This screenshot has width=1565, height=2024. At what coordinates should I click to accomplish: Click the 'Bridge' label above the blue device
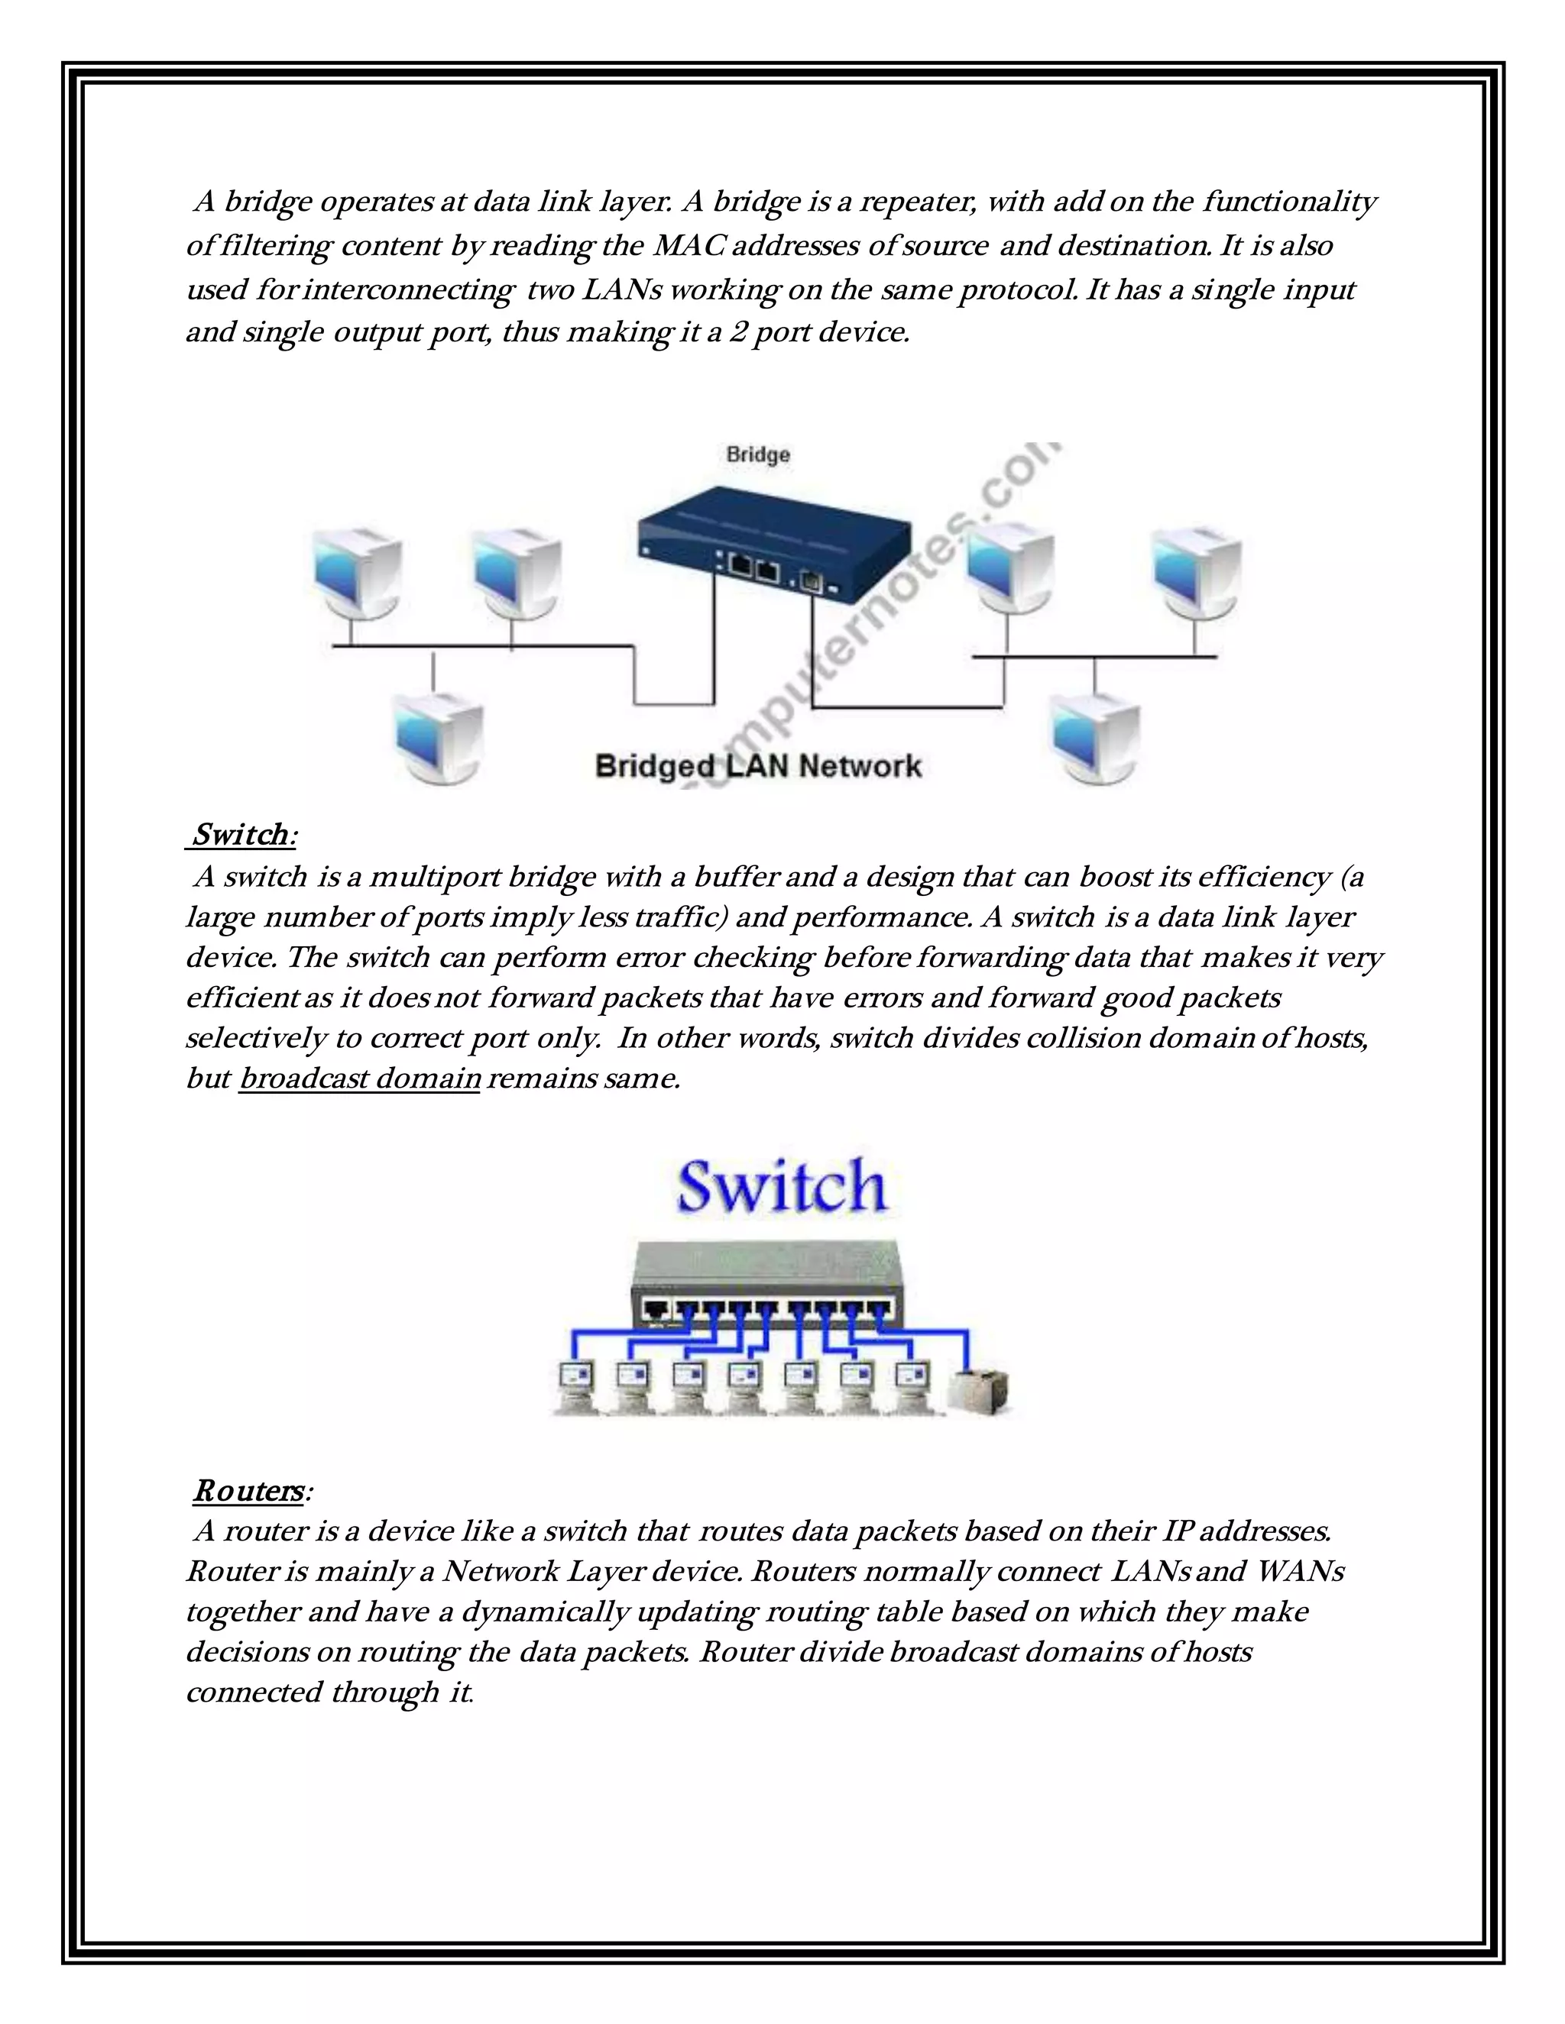(x=757, y=454)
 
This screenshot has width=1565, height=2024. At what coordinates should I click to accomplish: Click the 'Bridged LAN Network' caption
(x=757, y=766)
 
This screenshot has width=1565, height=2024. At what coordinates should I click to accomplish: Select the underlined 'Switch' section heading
(x=241, y=834)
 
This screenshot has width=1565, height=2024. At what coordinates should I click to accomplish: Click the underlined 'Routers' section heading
(x=248, y=1491)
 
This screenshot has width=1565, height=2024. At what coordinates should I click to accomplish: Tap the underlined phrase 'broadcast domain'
(x=360, y=1078)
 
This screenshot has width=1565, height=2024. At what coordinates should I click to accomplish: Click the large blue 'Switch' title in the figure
(x=782, y=1186)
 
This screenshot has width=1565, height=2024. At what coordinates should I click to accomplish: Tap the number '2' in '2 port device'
(x=737, y=331)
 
